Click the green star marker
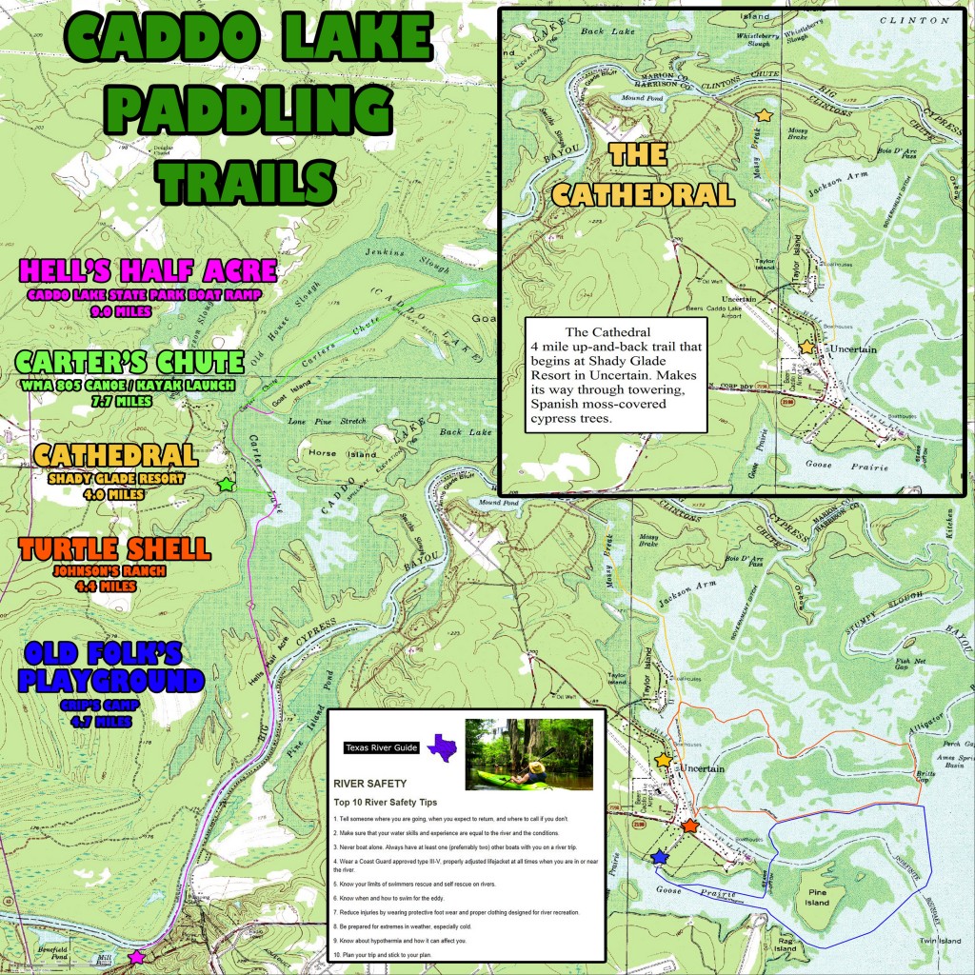(x=226, y=485)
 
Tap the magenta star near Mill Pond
(x=136, y=956)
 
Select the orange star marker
(x=690, y=826)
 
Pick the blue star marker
(x=659, y=858)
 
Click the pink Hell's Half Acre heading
(x=148, y=270)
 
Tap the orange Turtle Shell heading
(x=114, y=548)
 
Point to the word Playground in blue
(x=112, y=681)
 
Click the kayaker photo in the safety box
(x=528, y=754)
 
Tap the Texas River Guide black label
(x=382, y=748)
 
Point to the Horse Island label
(x=330, y=453)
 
